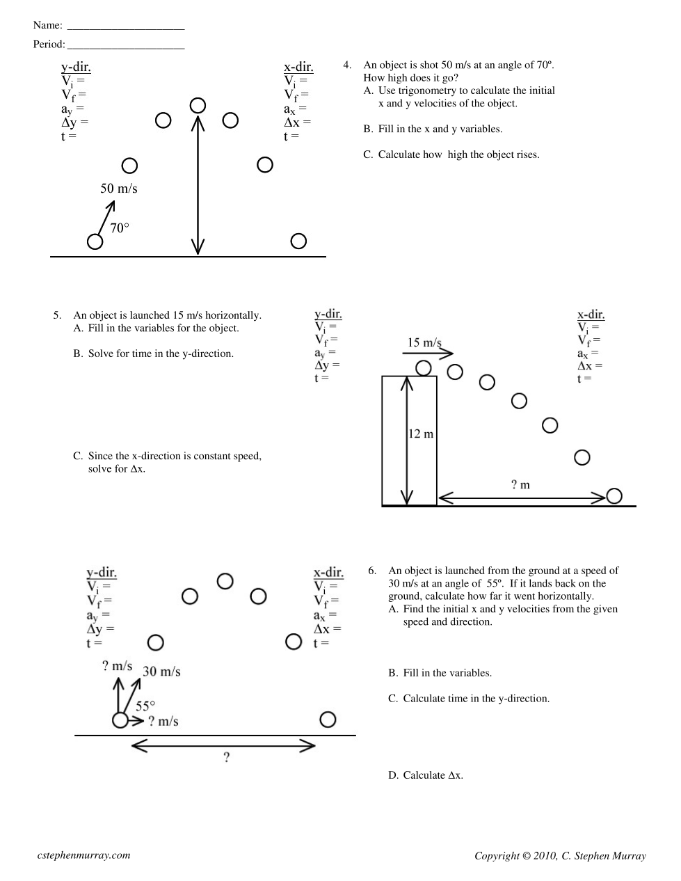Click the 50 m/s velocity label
(119, 189)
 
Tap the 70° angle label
(120, 228)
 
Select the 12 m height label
(420, 434)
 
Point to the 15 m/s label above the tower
(424, 342)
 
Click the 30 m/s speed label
(161, 672)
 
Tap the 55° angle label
(145, 706)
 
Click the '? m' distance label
(520, 485)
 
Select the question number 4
(347, 65)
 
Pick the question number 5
(57, 315)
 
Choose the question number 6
(372, 571)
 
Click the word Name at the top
(47, 25)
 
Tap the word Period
(49, 45)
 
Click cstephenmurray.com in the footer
(83, 855)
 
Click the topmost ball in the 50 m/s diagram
(198, 105)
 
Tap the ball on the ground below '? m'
(614, 495)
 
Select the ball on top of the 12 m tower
(424, 367)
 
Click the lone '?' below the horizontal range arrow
(226, 758)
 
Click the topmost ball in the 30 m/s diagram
(225, 581)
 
